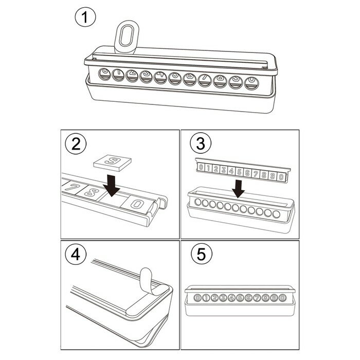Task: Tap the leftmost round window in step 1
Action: tap(104, 75)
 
